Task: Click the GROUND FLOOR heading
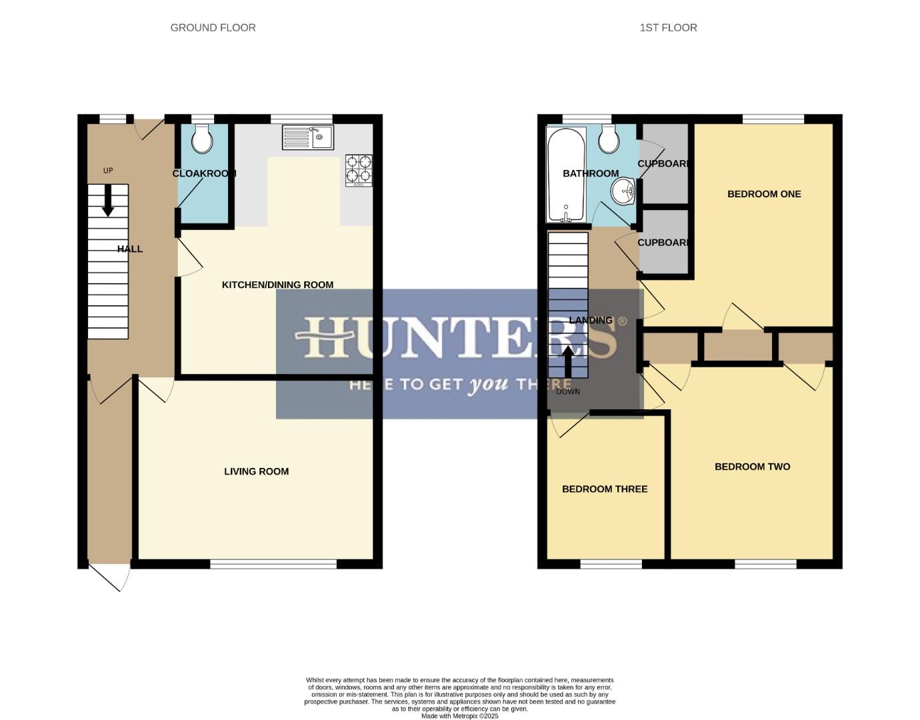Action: point(213,27)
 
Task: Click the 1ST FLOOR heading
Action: point(668,27)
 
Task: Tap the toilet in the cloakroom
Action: point(202,139)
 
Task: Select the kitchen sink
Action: point(307,138)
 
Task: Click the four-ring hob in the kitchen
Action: point(359,170)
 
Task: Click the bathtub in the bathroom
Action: point(565,174)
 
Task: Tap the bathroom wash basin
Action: point(623,193)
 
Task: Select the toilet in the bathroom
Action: point(609,139)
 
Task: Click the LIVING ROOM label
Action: point(256,471)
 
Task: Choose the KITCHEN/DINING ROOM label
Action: point(277,285)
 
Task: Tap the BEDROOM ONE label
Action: point(764,194)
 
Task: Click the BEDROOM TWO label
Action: point(752,467)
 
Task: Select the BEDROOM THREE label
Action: point(605,489)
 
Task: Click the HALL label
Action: point(130,249)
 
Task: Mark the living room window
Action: point(273,564)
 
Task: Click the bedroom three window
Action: point(611,564)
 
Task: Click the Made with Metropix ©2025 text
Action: point(459,716)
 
